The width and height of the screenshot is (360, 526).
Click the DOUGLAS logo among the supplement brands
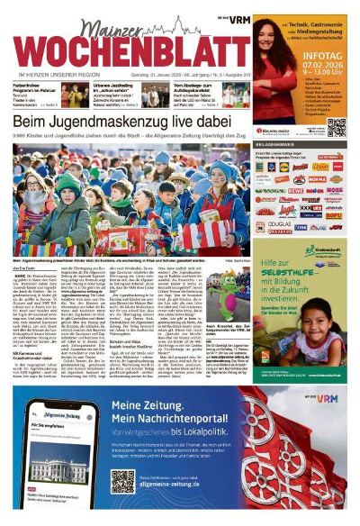280,225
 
